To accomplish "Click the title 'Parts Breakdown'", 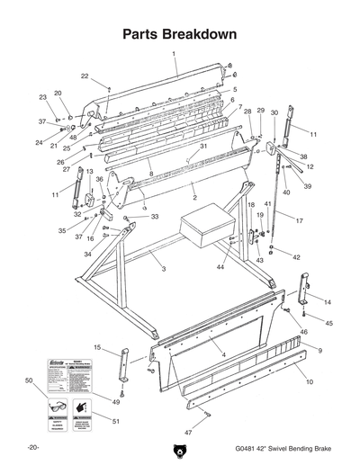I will [x=179, y=35].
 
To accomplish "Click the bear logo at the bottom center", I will [x=179, y=449].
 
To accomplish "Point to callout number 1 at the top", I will [x=175, y=54].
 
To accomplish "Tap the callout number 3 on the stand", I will [x=164, y=268].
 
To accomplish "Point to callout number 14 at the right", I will [x=326, y=302].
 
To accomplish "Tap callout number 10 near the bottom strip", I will [x=309, y=383].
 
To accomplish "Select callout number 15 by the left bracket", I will [x=97, y=346].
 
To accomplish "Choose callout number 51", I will [x=117, y=420].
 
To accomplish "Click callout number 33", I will [x=154, y=217].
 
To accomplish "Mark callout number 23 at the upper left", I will [x=41, y=97].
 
